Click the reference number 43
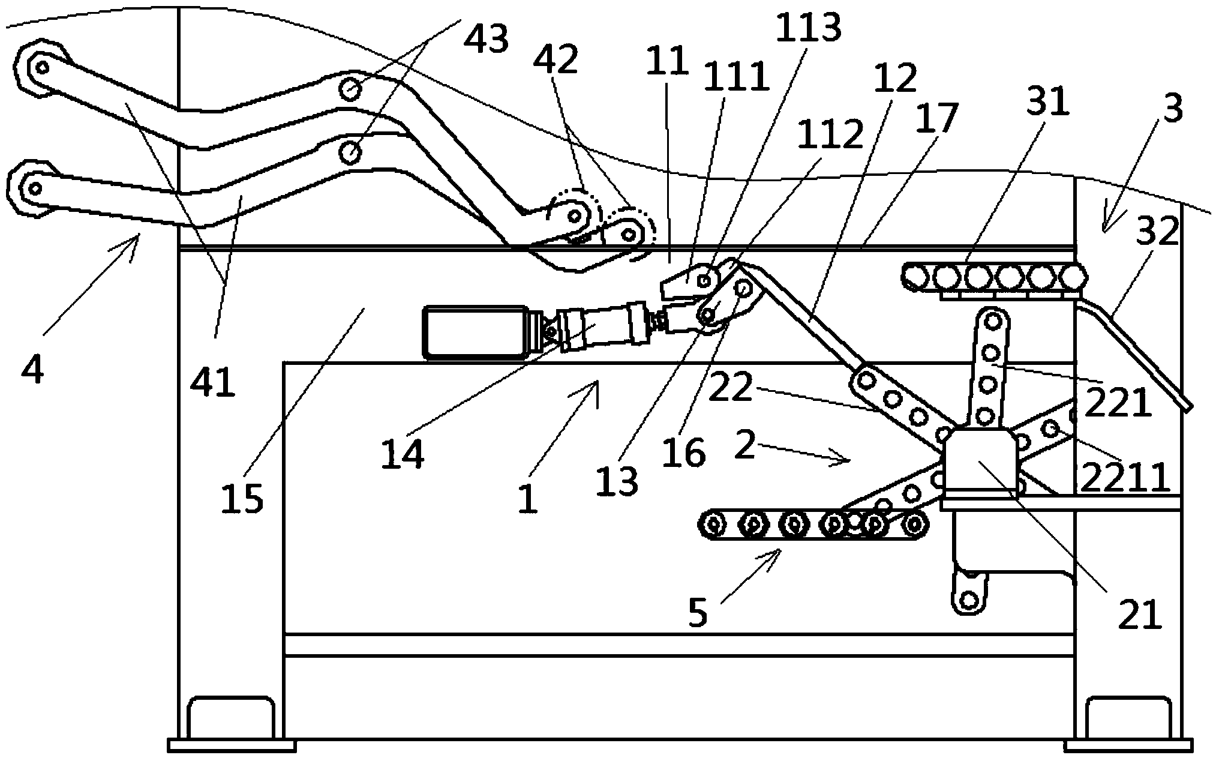pos(487,40)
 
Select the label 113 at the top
pos(808,27)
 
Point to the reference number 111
pos(735,79)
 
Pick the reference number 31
pos(1047,103)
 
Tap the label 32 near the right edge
pos(1157,232)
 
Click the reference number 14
pos(403,454)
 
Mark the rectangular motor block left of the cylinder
pos(474,332)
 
